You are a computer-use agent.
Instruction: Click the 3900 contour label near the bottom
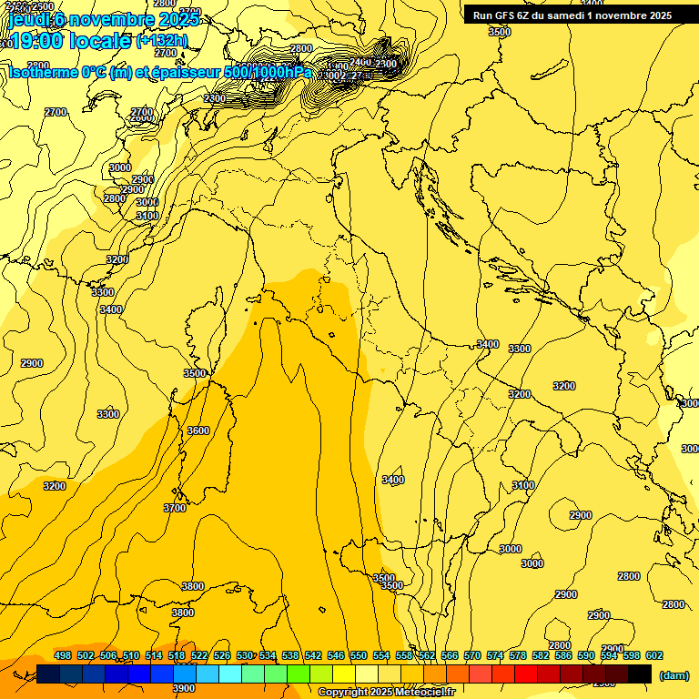point(184,688)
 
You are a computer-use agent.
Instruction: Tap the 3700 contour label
point(175,508)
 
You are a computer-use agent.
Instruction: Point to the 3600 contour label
point(198,431)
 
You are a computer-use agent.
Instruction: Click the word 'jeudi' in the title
point(26,18)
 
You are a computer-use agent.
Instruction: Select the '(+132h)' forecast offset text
point(162,41)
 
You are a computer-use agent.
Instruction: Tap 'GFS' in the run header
point(501,15)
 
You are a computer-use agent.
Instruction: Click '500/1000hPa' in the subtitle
point(263,72)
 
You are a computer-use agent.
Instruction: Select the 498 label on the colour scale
point(63,656)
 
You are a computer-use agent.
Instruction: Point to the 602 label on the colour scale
point(654,656)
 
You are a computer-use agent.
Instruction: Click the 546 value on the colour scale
point(336,656)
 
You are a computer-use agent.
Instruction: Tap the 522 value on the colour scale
point(199,656)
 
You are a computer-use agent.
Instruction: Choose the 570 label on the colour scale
point(472,656)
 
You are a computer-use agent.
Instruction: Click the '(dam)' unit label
point(674,674)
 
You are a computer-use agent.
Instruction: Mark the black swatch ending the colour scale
point(640,674)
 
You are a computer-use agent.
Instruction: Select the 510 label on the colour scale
point(131,656)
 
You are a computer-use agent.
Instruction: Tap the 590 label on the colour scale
point(586,656)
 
